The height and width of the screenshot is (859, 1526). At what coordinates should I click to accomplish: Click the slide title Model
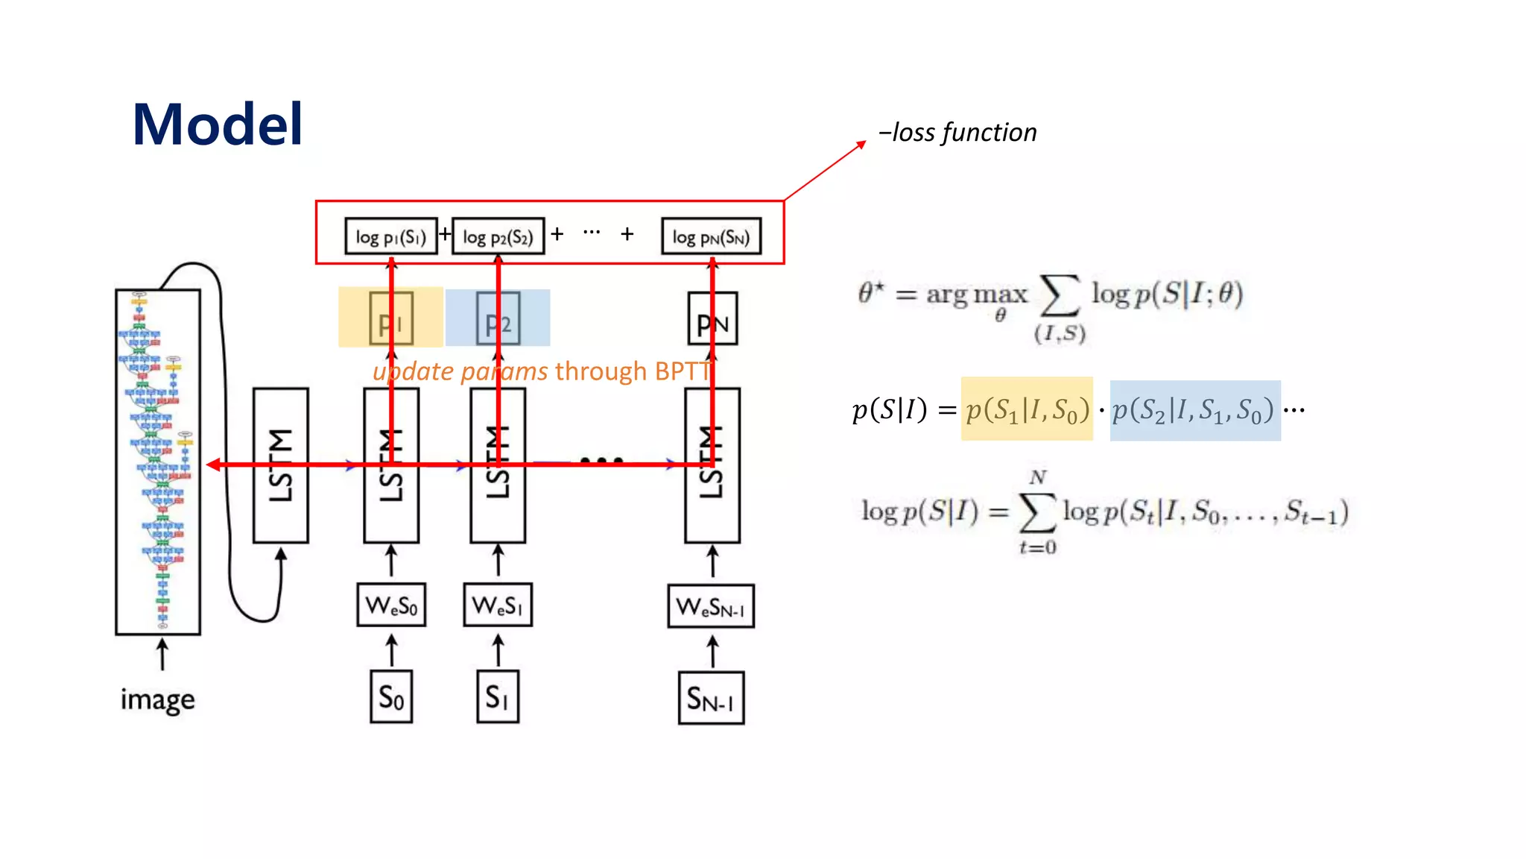click(217, 125)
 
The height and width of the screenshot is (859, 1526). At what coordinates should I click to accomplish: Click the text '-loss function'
click(957, 133)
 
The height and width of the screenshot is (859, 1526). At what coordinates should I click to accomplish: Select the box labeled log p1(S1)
click(390, 236)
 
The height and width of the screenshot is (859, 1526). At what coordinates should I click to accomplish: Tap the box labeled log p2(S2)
click(498, 236)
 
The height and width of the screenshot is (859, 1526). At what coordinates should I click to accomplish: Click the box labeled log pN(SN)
click(711, 236)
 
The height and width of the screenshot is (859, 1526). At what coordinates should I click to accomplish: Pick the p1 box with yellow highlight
click(390, 318)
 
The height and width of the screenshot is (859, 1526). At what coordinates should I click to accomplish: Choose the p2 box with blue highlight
click(498, 318)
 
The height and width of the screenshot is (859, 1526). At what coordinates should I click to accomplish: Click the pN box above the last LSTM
click(712, 319)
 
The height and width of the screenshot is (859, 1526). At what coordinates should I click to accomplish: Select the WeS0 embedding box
click(391, 605)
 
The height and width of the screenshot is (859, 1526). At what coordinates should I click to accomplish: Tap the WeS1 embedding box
click(498, 605)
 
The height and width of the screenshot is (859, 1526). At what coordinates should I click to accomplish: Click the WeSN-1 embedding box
click(711, 606)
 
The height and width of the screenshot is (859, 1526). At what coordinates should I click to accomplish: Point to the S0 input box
click(391, 697)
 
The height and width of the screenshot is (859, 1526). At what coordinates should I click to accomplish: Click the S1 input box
click(498, 697)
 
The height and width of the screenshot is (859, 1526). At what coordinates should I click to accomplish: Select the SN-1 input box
click(711, 699)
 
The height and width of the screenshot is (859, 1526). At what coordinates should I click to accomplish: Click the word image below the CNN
click(157, 699)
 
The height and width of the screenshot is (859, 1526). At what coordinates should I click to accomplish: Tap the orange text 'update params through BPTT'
click(542, 371)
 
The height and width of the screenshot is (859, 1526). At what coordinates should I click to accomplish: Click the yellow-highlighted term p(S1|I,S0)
click(1027, 409)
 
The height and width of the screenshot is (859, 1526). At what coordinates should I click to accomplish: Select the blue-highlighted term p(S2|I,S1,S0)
click(1194, 410)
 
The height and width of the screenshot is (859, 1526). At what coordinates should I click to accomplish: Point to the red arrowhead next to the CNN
click(213, 465)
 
